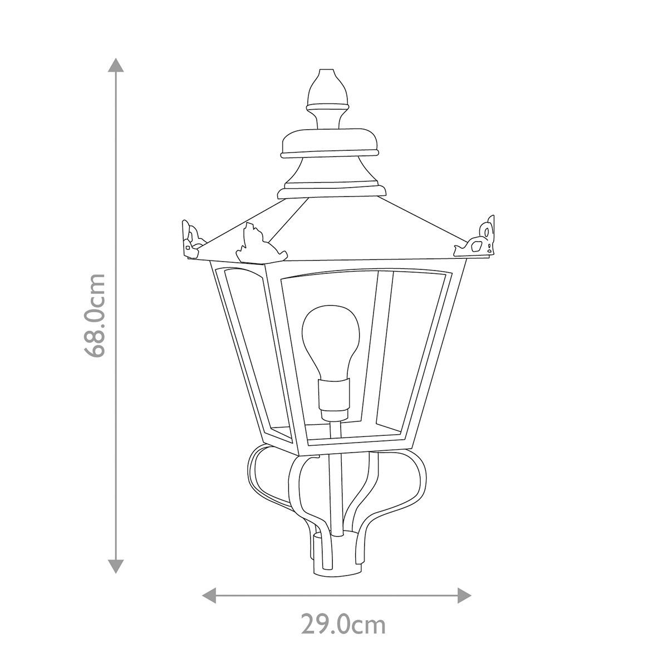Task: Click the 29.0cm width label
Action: pyautogui.click(x=343, y=625)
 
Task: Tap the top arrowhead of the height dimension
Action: pyautogui.click(x=116, y=66)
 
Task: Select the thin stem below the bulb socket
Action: pyautogui.click(x=334, y=440)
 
